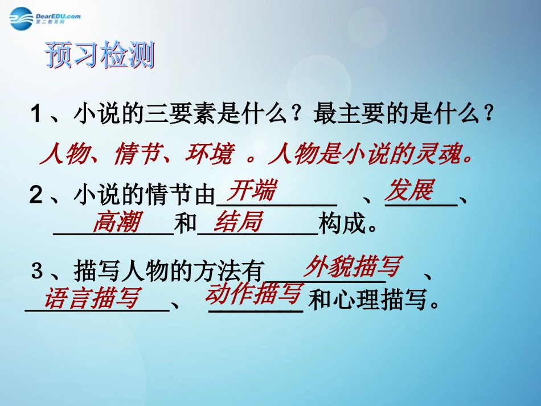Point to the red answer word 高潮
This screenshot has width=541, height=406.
[116, 223]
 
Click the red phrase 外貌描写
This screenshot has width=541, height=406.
[353, 266]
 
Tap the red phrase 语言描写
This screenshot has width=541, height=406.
[93, 298]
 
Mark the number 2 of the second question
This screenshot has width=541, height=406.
[36, 196]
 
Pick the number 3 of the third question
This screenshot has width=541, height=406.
[37, 272]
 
